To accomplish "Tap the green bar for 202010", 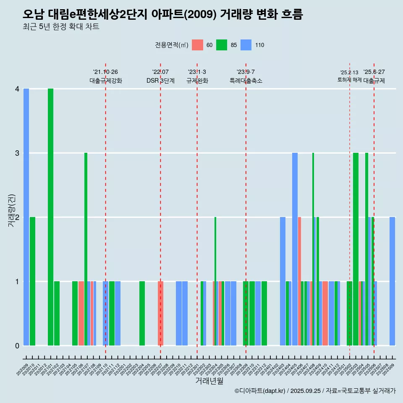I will point(32,281).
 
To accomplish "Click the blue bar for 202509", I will point(392,281).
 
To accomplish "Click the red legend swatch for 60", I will point(197,45).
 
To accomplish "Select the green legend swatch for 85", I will point(222,45).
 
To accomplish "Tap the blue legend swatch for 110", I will point(246,45).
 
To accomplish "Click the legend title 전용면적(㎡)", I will point(172,45).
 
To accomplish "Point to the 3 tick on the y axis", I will point(17,153).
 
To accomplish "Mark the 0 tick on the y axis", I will point(17,345).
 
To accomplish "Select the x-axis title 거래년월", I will point(209,381).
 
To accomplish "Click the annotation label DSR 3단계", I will point(160,81).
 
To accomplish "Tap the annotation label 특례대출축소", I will point(246,81).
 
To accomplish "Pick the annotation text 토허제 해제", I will point(349,80).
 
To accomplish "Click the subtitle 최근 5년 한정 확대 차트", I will point(61,27).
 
